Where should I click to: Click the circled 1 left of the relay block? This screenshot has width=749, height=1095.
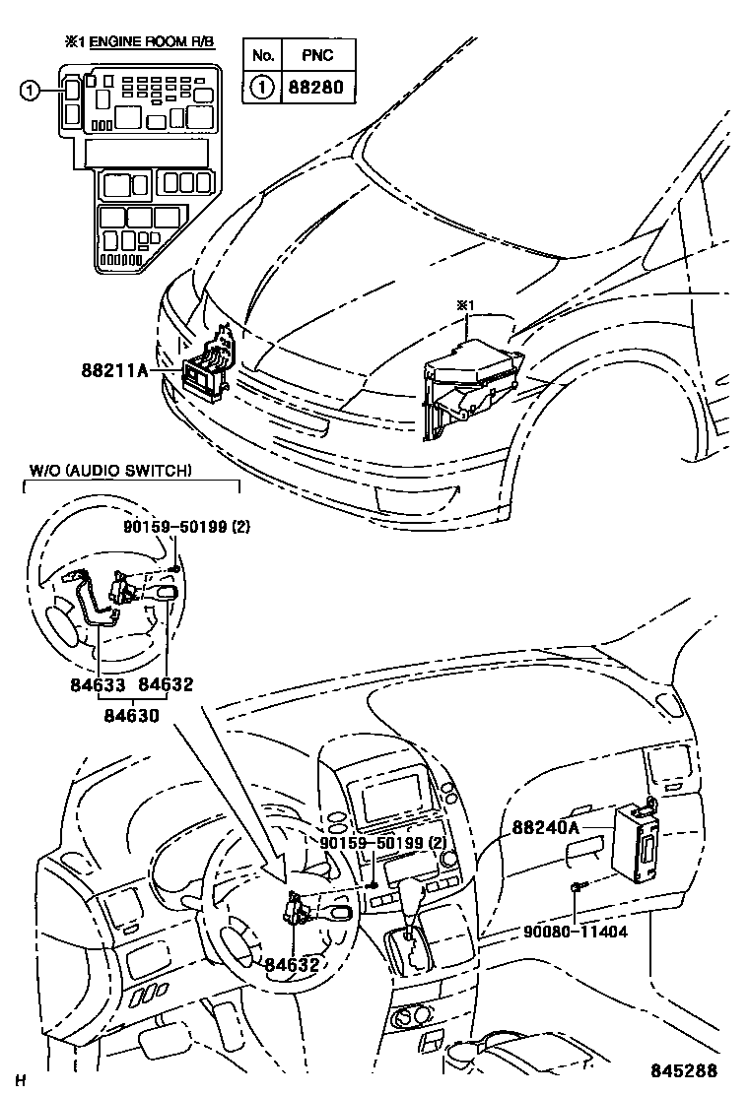coord(32,91)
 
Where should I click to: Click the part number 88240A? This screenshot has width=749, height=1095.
coord(545,828)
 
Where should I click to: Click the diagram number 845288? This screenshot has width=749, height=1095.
coord(682,1070)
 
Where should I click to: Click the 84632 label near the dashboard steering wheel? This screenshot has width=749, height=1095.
coord(292,964)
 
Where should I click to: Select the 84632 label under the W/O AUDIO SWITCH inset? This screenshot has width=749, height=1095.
coord(165,684)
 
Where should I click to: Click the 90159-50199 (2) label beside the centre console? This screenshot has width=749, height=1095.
coord(370,845)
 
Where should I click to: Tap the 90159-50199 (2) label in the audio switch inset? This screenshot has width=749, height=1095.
coord(186,527)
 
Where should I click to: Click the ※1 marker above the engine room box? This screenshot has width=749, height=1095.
coord(465,305)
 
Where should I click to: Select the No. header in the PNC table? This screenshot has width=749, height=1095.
coord(262,55)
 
